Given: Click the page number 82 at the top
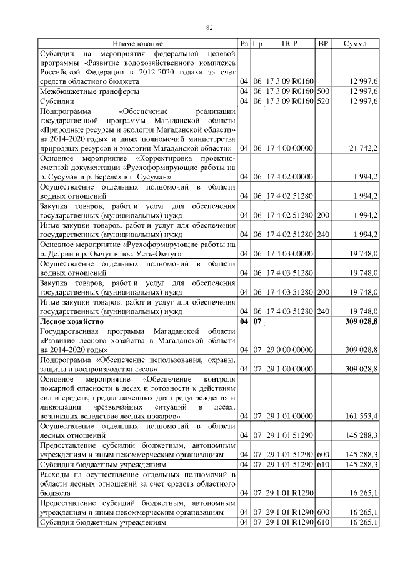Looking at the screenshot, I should [x=210, y=27].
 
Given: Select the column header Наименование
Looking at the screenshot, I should [x=138, y=44].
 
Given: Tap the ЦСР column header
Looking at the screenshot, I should [x=289, y=44].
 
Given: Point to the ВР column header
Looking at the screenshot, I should [x=323, y=44].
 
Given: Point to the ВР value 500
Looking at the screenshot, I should [x=323, y=91].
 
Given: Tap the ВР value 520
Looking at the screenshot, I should [x=323, y=101].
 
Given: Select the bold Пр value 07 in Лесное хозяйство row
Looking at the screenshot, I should [x=257, y=321].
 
